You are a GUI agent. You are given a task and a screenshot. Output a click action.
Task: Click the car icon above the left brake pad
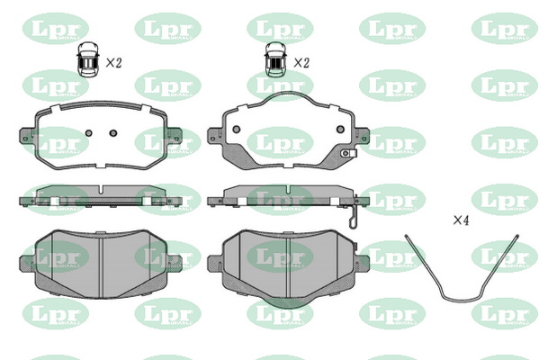(x=88, y=59)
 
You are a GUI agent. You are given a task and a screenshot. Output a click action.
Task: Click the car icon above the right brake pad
(x=275, y=59)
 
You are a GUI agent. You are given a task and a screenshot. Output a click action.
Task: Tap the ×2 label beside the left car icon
(x=113, y=63)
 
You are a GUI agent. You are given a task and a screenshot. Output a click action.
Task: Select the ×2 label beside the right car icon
(x=301, y=63)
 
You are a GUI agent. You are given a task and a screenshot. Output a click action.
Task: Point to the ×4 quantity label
(x=461, y=220)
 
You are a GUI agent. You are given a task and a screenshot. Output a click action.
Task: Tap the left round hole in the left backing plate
(x=89, y=133)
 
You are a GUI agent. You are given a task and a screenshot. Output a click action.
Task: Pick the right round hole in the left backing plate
(x=113, y=133)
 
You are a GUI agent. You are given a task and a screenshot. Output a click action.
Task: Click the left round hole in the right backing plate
(x=236, y=130)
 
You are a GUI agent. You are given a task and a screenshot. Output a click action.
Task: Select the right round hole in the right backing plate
(x=340, y=130)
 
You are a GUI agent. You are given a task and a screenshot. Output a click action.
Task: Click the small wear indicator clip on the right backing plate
(x=348, y=153)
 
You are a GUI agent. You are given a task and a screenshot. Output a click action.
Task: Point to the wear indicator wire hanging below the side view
(x=354, y=215)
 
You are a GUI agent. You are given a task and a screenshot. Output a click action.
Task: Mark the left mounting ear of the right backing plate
(x=215, y=135)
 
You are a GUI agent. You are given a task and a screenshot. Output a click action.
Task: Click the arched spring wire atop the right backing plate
(x=290, y=92)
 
